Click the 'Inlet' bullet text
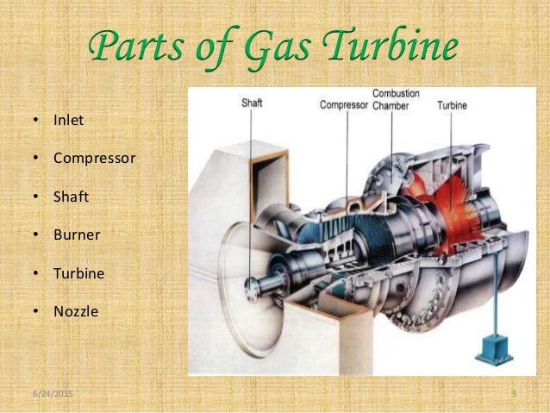tap(68, 120)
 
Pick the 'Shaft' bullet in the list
tap(71, 197)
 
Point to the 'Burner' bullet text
tap(77, 235)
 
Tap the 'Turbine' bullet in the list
tap(78, 273)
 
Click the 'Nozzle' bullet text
tap(76, 311)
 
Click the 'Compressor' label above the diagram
tap(343, 105)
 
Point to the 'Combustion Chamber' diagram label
tap(391, 99)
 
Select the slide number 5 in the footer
tap(514, 393)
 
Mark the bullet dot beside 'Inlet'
tap(36, 120)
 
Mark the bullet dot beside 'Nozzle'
tap(36, 311)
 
